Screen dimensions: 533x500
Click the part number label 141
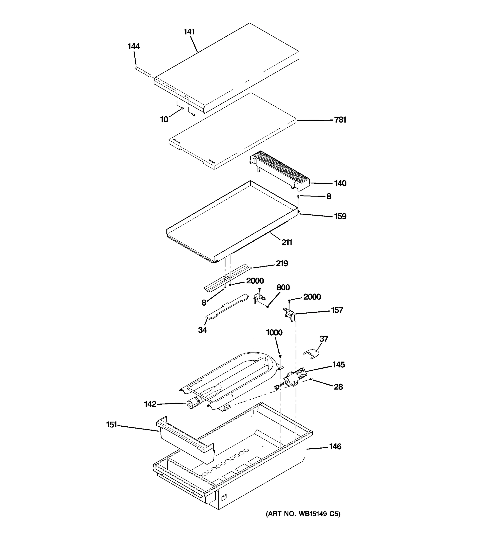coord(189,32)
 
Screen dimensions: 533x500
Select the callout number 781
coord(340,120)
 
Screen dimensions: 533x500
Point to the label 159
coord(340,216)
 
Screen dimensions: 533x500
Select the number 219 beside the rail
coord(282,264)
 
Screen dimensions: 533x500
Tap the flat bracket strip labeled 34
coord(227,306)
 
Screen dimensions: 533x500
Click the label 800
coord(283,288)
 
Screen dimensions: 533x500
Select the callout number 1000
coord(274,333)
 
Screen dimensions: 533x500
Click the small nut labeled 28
coord(311,379)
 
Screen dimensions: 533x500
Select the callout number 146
coord(335,447)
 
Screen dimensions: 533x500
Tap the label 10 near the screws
coord(164,119)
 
